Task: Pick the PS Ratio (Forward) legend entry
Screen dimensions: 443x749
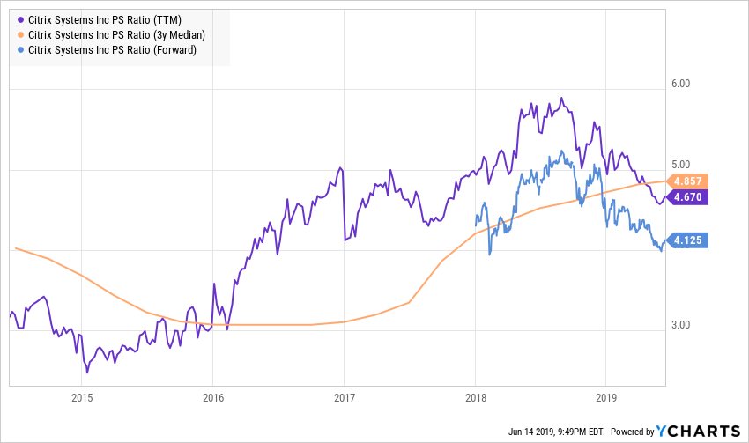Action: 118,51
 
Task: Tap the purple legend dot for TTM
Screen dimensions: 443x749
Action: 21,19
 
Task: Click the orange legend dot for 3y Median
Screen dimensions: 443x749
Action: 21,35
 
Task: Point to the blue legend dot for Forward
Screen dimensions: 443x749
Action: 21,51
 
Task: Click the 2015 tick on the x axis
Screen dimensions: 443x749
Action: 82,396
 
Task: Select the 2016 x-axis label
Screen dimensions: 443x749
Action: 212,396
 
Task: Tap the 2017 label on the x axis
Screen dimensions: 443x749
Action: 344,396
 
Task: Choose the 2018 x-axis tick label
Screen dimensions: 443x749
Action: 475,396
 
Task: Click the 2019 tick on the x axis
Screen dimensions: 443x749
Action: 605,396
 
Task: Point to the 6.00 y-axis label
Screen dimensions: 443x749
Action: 682,84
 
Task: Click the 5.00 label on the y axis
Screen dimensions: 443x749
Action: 682,165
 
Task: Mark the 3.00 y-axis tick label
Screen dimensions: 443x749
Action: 682,326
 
